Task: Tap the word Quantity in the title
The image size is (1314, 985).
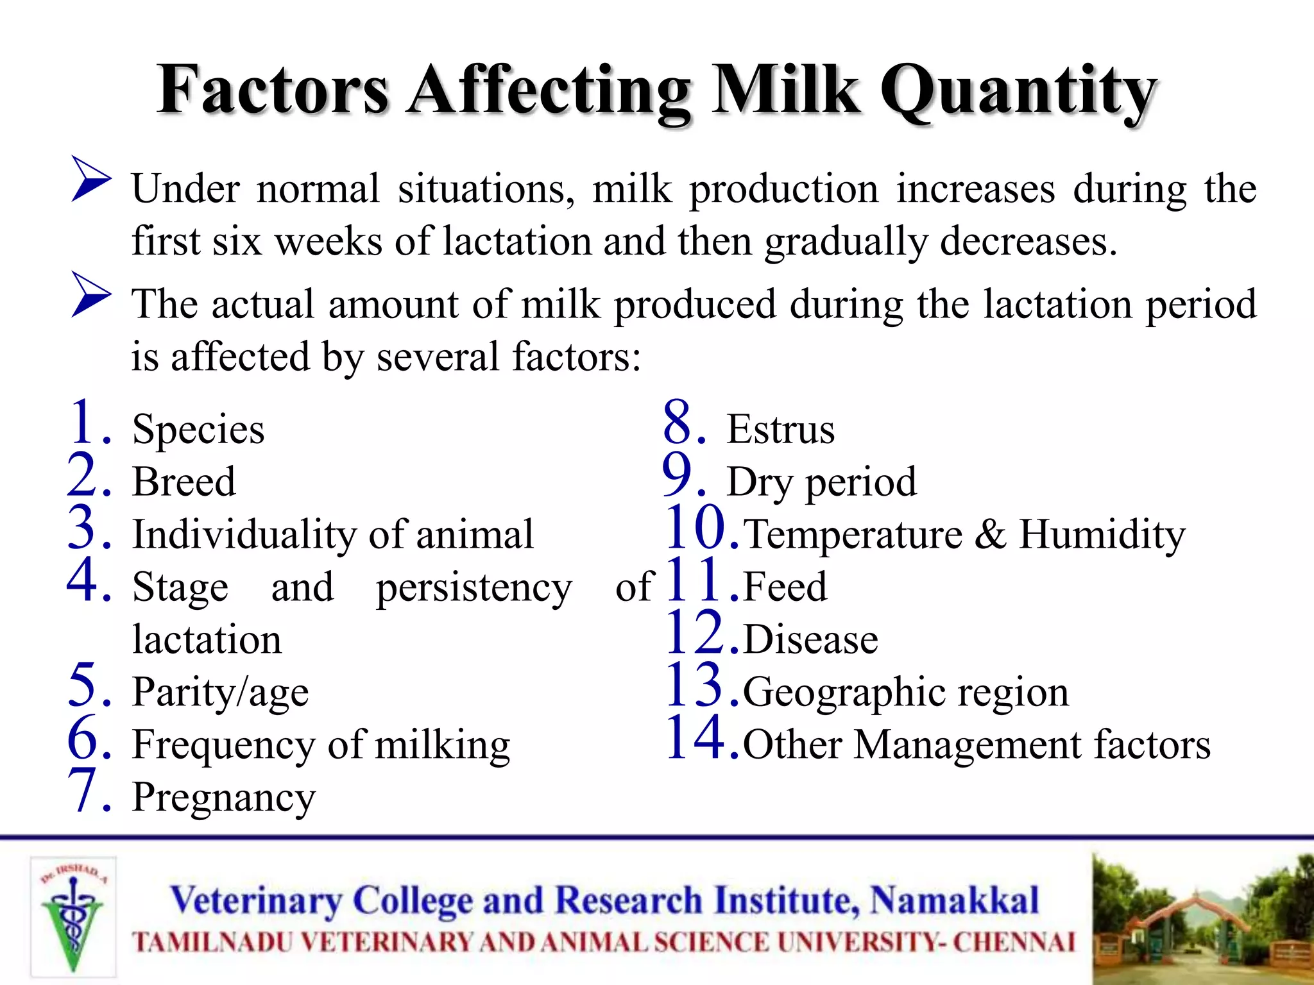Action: coord(1018,93)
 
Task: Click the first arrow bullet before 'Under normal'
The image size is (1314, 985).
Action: coord(90,179)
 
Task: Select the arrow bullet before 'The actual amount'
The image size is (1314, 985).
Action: coord(90,294)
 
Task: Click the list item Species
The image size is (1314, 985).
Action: coord(198,430)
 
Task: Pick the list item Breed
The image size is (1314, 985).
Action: coord(184,482)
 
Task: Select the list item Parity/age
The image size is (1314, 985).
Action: coord(220,693)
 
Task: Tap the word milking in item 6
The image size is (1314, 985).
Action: coord(442,745)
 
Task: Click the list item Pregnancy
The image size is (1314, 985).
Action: coord(224,798)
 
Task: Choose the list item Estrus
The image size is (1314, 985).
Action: coord(780,430)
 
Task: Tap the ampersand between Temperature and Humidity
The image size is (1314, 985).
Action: coord(990,534)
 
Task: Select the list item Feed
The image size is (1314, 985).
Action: coord(785,587)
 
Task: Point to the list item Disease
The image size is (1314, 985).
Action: coord(810,640)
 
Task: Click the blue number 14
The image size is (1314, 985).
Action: coord(695,738)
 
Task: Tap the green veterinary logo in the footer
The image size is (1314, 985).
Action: coord(73,917)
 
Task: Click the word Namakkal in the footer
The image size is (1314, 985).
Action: coord(953,900)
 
